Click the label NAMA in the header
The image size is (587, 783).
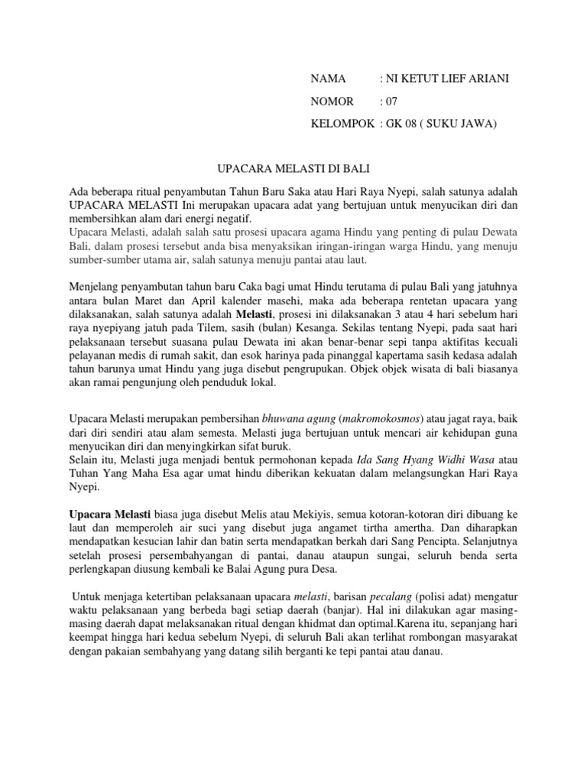pos(328,79)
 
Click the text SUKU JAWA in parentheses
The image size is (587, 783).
pos(460,123)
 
